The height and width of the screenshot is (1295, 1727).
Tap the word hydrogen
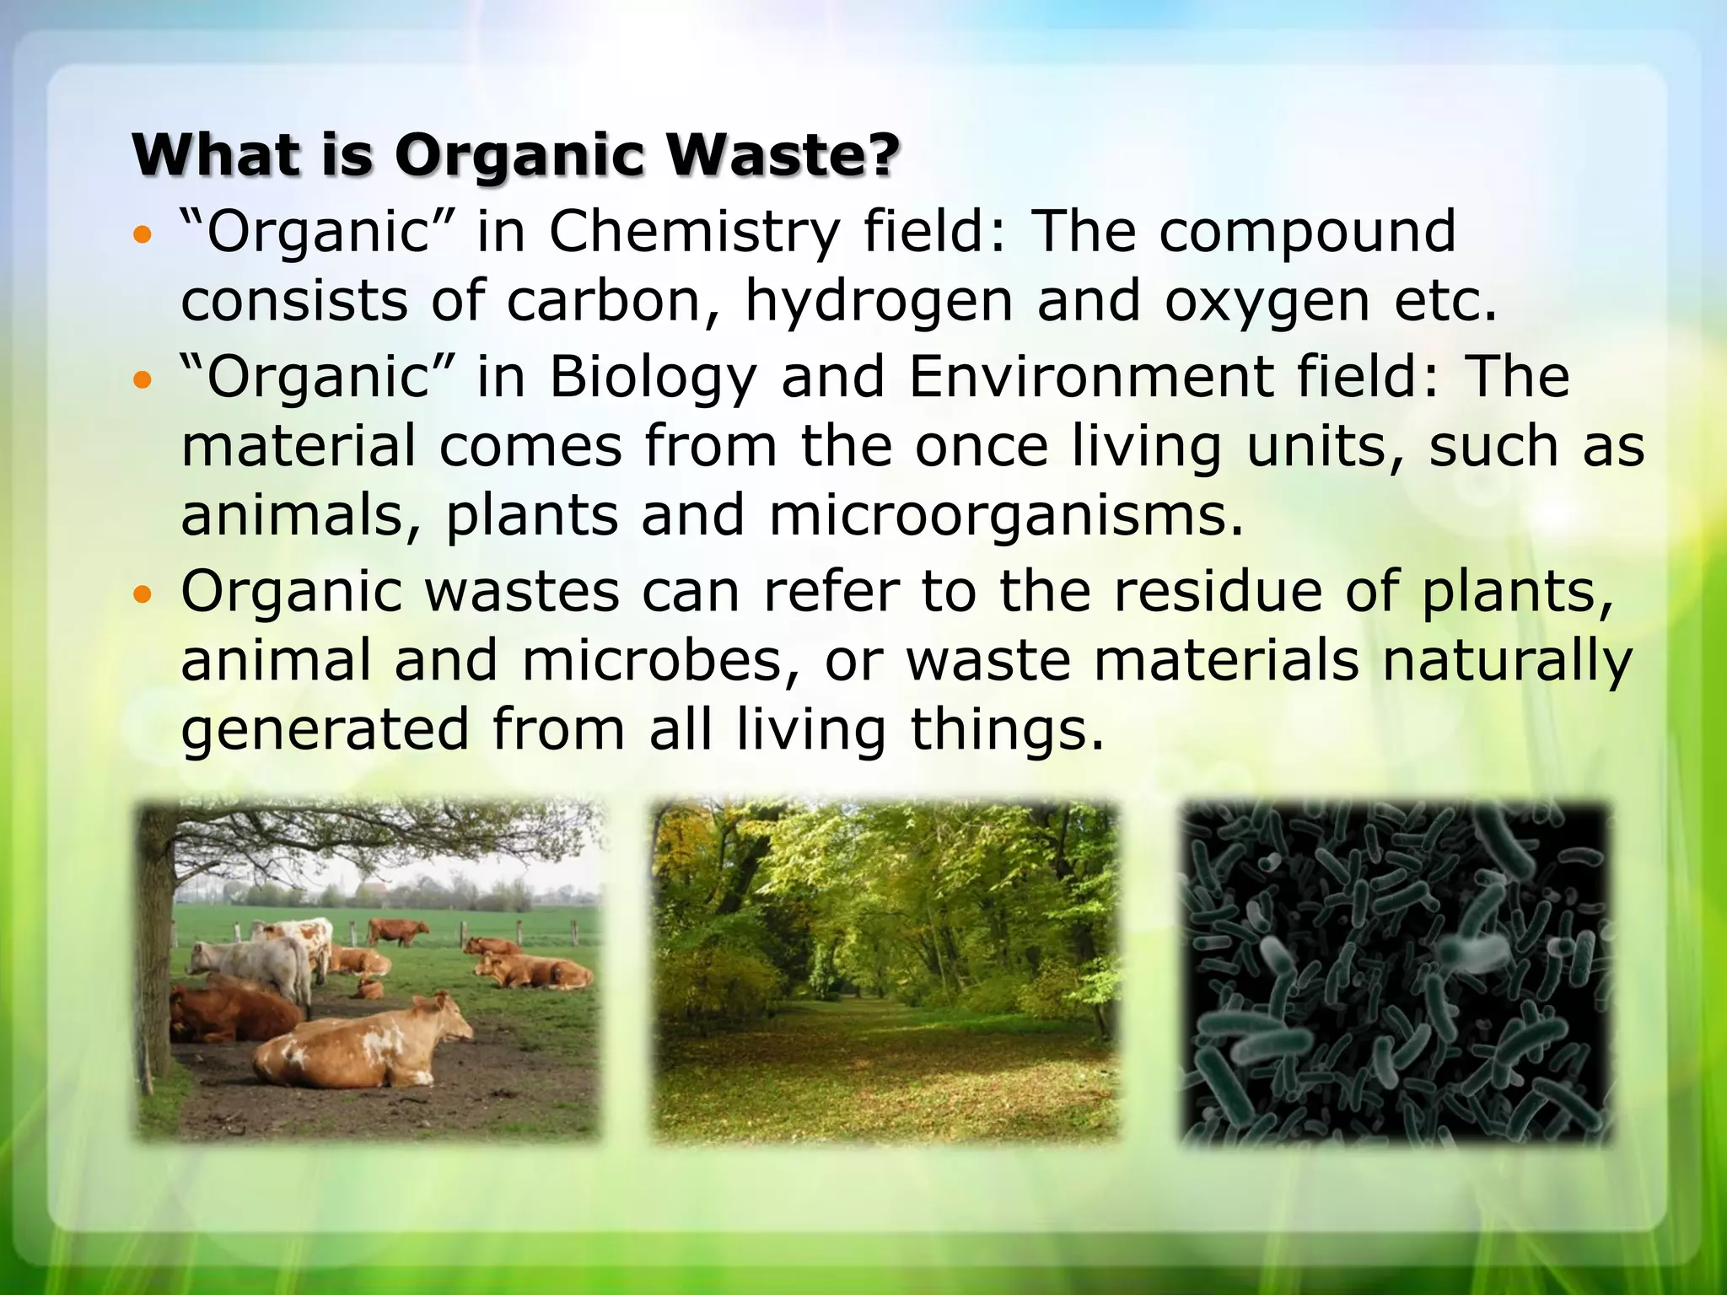pos(878,302)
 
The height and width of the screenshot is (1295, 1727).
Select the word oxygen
pos(1267,302)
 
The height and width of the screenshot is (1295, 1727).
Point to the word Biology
pos(654,378)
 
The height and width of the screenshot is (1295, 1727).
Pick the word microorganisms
pos(1005,515)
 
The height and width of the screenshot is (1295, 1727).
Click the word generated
pos(325,730)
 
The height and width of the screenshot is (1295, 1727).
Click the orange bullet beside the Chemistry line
pos(143,234)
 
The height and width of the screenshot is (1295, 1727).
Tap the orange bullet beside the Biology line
pos(143,380)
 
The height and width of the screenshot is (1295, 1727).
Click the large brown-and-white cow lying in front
pos(363,1045)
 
